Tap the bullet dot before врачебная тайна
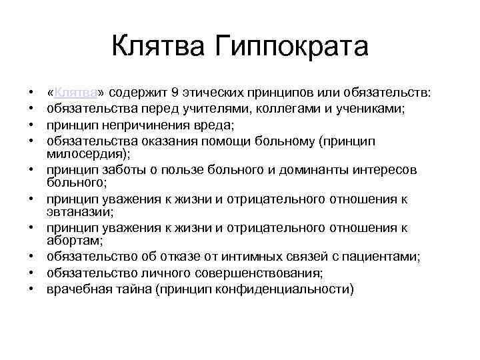(31, 289)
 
